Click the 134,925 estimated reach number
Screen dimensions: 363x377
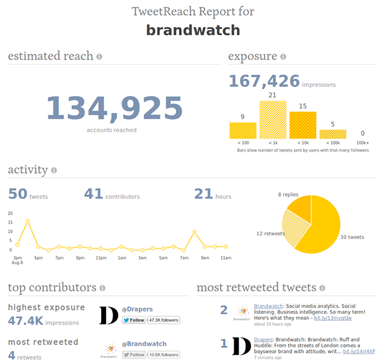(114, 108)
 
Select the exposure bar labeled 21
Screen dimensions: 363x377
(273, 120)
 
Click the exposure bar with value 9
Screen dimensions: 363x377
(243, 130)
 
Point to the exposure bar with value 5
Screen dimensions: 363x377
(332, 134)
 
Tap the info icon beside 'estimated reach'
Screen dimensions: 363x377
(99, 57)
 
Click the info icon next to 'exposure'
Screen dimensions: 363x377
(283, 57)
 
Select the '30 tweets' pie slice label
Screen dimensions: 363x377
(351, 237)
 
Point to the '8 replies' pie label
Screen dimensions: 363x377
(288, 195)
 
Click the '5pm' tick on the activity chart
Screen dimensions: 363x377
(38, 258)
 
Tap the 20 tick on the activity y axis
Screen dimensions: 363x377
(10, 213)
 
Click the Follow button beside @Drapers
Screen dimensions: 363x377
(134, 320)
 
